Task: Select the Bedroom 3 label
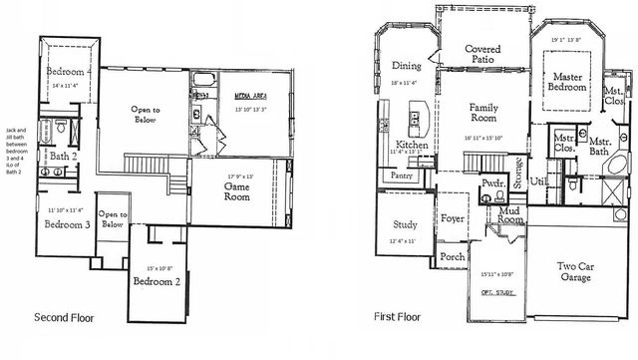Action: tap(68, 224)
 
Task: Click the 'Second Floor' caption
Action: tap(66, 318)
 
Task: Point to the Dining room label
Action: tap(406, 66)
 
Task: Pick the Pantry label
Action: tap(402, 176)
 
